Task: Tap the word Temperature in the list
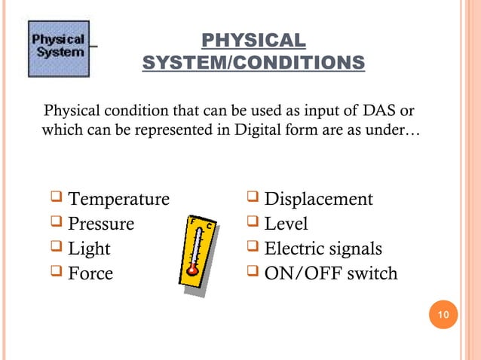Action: click(118, 200)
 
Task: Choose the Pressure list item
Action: click(101, 224)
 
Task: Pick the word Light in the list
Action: click(89, 249)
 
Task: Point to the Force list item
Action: click(90, 273)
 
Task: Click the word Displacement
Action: click(319, 200)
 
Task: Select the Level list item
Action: click(286, 224)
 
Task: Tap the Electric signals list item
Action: click(323, 249)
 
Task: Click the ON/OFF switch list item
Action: click(330, 273)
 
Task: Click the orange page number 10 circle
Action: click(443, 314)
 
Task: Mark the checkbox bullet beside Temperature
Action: click(55, 199)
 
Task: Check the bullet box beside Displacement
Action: click(252, 199)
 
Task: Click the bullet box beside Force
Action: click(55, 272)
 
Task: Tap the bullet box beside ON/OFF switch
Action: click(252, 272)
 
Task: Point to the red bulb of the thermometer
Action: click(193, 268)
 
